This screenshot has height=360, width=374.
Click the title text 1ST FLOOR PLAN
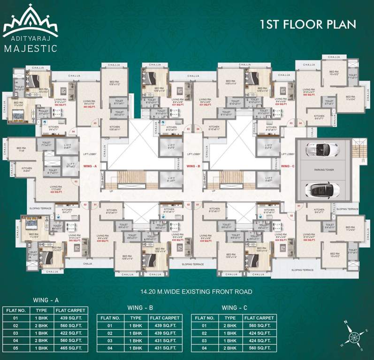(x=308, y=24)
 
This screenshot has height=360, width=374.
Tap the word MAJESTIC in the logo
(x=30, y=47)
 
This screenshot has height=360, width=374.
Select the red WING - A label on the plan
(x=89, y=166)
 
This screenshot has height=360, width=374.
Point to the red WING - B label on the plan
(x=194, y=166)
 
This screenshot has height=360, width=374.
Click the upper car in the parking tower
(x=322, y=150)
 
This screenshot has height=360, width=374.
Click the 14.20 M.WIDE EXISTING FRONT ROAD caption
(x=187, y=292)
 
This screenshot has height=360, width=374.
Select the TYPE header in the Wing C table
(x=230, y=318)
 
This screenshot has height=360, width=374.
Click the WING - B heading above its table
(x=140, y=307)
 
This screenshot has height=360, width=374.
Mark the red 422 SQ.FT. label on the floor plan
(x=57, y=192)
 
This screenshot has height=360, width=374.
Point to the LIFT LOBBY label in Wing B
(x=194, y=154)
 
